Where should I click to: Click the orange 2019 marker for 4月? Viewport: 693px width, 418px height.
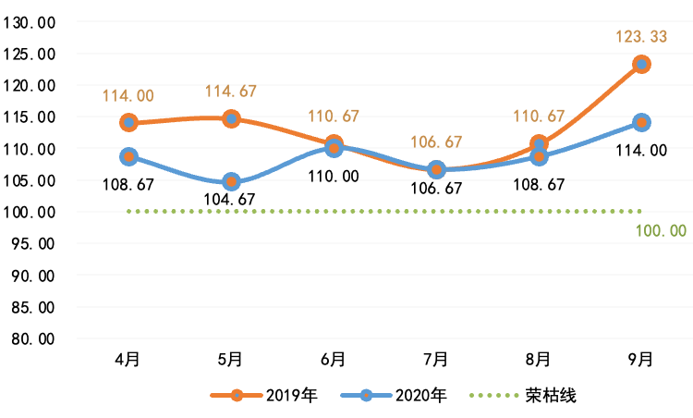coord(129,123)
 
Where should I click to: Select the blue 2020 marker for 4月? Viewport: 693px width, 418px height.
coord(129,156)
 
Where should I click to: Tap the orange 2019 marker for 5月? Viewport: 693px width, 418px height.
coord(232,119)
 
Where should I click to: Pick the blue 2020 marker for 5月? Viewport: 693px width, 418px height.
coord(232,182)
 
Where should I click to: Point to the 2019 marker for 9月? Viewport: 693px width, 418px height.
coord(641,64)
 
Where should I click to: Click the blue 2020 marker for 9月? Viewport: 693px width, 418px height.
coord(641,122)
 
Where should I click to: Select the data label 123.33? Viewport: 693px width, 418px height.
coord(639,38)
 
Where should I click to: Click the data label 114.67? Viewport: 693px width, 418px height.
coord(232,92)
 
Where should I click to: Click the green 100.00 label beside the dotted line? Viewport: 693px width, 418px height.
coord(661,230)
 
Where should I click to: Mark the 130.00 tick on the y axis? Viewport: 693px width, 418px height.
coord(30,23)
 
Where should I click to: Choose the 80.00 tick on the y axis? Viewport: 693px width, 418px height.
coord(30,338)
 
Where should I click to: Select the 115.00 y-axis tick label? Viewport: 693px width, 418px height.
coord(30,117)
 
